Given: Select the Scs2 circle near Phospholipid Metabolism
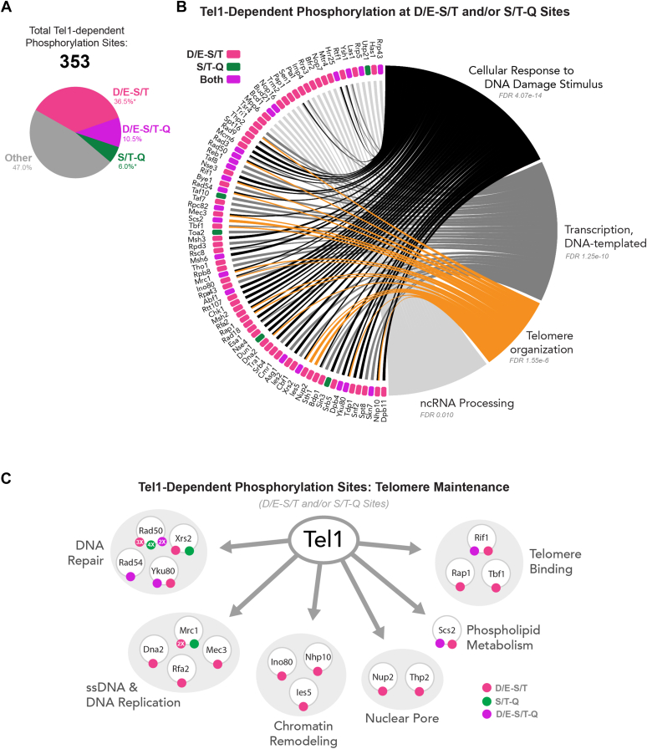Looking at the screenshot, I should click(x=446, y=632).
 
